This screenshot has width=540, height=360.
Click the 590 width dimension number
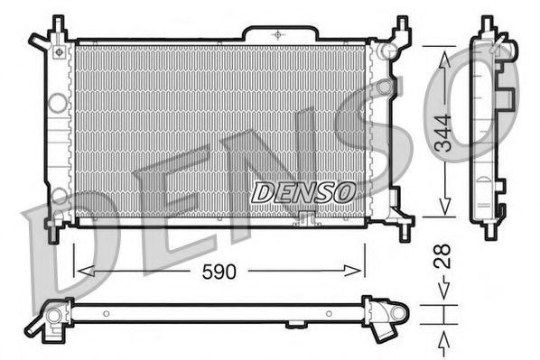click(219, 271)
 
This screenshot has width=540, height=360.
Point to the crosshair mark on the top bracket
click(277, 32)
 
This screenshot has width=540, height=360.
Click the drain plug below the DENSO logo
click(305, 217)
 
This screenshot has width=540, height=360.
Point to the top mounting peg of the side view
click(488, 23)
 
